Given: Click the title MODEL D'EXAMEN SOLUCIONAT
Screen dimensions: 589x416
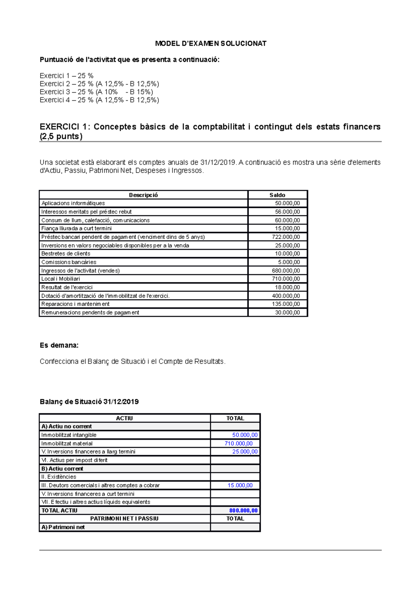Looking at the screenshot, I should point(210,43).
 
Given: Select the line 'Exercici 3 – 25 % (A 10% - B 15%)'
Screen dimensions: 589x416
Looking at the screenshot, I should point(96,92).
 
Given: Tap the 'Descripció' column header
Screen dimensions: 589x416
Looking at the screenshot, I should point(143,195).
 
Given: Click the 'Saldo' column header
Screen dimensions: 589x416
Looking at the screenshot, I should point(277,195).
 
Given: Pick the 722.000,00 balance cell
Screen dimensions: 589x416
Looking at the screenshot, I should point(286,237).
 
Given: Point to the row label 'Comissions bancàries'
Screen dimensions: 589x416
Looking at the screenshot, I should point(69,262).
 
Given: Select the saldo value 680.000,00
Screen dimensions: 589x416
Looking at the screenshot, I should point(286,271).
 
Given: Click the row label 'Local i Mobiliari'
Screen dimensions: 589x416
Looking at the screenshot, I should point(61,279).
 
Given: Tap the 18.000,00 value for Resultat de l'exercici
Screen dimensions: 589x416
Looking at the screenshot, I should point(287,287).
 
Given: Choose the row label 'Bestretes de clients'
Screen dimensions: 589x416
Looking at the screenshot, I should point(66,254).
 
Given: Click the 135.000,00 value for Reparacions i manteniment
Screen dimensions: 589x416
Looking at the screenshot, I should point(286,304).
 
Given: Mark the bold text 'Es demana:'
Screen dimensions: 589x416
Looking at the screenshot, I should point(59,345).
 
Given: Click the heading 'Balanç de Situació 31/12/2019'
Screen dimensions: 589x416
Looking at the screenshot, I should point(89,402).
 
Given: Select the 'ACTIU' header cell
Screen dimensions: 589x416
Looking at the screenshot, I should point(124,418).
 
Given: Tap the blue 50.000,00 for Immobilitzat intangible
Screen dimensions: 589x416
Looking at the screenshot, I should point(245,435).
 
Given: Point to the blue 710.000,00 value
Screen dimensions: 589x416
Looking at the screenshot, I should point(239,443).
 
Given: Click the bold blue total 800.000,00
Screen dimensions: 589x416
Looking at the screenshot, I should point(243,511).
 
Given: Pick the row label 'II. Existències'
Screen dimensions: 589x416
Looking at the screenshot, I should point(59,477).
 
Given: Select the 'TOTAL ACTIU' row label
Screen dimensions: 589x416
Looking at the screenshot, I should point(59,511).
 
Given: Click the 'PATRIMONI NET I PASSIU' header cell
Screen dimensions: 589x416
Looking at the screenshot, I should point(124,519).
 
